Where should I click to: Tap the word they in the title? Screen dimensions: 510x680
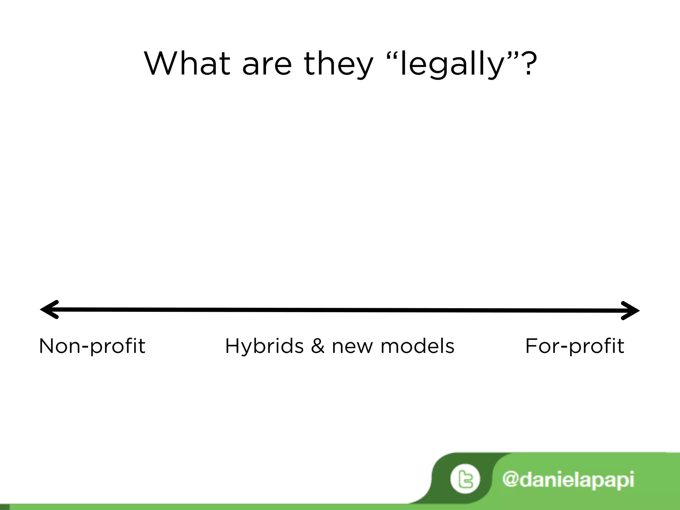pos(338,64)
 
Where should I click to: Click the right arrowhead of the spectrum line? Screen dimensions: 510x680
pos(630,311)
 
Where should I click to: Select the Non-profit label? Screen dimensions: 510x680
pos(92,346)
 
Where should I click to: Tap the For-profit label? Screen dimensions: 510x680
pos(574,346)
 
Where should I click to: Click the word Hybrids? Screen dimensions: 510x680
pos(264,346)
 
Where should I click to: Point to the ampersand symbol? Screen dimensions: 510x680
pos(318,346)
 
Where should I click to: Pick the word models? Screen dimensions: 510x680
pos(417,346)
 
